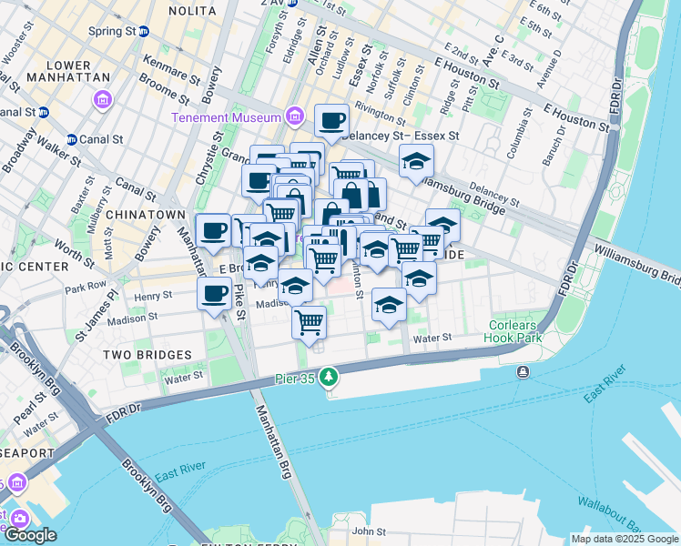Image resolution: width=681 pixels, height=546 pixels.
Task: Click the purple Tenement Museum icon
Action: point(294,116)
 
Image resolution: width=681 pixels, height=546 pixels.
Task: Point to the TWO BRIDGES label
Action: point(147,354)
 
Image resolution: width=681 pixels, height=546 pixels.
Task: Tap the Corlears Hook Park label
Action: point(515,331)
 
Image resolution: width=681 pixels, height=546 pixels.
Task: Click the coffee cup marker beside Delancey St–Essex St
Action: point(332,120)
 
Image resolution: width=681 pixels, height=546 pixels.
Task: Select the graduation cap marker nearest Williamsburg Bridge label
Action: point(416,161)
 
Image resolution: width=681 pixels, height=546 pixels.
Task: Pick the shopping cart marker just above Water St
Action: point(310,321)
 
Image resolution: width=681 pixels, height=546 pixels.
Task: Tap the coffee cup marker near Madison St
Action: point(214,294)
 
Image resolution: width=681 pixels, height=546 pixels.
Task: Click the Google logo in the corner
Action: point(29,535)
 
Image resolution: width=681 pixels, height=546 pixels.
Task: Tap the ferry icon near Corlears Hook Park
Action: point(523,371)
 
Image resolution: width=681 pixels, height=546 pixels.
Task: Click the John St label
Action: point(370,531)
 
